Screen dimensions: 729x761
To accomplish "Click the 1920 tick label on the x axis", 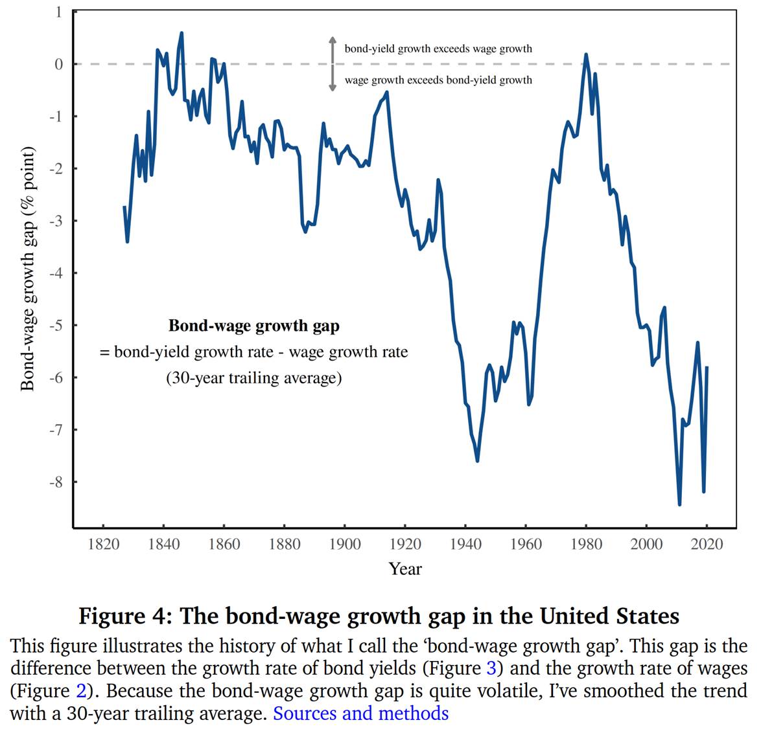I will pos(405,544).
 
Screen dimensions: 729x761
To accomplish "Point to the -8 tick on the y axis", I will pos(58,482).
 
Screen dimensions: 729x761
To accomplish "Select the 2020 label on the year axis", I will pos(707,544).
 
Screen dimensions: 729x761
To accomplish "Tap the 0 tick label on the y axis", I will pos(59,64).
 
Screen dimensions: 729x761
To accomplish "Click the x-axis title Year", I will pos(405,569).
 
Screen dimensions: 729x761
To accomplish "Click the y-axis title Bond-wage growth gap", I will pos(27,269).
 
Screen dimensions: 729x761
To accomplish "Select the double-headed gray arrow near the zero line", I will pos(333,63).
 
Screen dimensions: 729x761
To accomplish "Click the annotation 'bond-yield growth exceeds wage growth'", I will pos(438,49).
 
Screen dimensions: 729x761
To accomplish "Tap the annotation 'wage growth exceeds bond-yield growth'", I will pos(438,80).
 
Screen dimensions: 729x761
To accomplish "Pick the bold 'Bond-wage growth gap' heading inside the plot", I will pos(253,326).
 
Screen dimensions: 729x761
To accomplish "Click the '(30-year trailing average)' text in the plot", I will pos(253,377).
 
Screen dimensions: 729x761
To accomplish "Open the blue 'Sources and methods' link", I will pos(360,713).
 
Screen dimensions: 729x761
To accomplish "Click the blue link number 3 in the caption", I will pos(491,668).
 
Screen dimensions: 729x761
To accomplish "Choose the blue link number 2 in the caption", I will pos(81,691).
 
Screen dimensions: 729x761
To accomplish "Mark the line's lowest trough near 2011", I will pos(679,504).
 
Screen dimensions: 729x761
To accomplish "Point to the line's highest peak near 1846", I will pos(181,33).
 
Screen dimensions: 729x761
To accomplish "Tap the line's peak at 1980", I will pos(586,54).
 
